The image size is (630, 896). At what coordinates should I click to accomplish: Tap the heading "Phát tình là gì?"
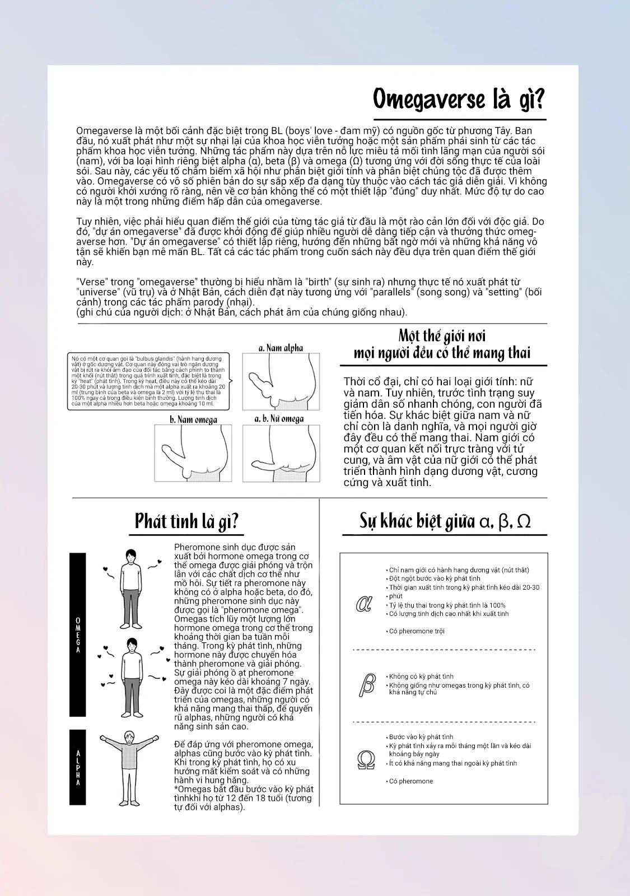(187, 521)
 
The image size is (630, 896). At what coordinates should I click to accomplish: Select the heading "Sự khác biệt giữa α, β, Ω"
(445, 521)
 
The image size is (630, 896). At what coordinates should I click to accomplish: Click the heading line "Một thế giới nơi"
(442, 336)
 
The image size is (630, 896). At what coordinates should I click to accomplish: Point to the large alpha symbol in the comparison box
(365, 604)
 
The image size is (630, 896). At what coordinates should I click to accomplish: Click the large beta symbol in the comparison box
(366, 684)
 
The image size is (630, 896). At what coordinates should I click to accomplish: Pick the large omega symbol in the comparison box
(366, 760)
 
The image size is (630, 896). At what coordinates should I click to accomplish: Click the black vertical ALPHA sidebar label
(78, 767)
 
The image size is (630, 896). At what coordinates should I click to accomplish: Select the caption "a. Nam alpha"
(281, 348)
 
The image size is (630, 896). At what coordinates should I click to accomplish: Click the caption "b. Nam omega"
(193, 419)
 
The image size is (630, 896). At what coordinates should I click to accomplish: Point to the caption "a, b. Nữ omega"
(279, 419)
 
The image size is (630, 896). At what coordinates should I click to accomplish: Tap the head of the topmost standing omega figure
(130, 556)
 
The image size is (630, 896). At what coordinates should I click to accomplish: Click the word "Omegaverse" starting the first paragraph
(101, 130)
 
